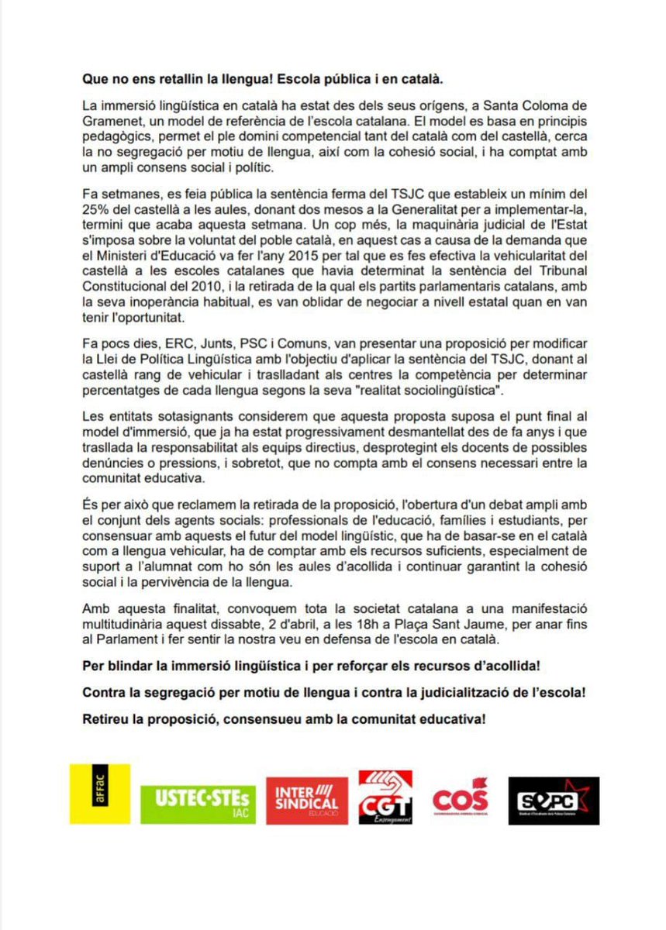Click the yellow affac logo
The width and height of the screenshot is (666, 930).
point(99,793)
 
